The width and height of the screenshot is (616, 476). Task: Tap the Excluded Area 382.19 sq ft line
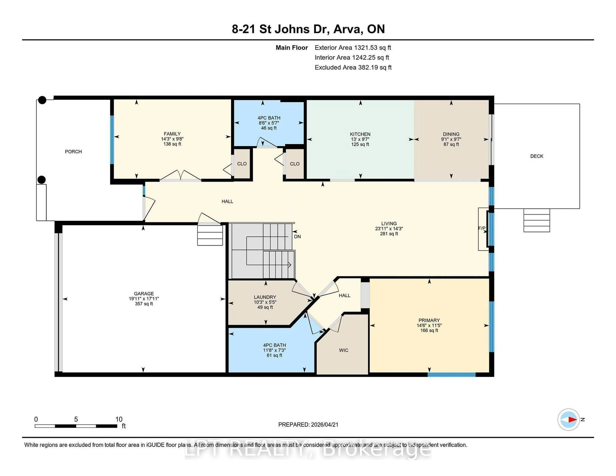coord(353,67)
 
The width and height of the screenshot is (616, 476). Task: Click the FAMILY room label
coord(172,134)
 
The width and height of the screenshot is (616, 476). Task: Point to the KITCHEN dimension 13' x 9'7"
coord(360,139)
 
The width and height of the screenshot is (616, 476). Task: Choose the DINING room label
coord(451,134)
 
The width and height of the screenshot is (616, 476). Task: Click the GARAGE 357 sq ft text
coord(144,304)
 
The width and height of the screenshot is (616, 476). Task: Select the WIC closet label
coord(344,350)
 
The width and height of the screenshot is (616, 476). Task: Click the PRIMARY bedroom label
coord(429,320)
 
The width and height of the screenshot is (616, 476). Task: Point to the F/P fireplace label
coord(481,228)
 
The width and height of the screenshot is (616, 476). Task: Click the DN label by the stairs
coord(297,237)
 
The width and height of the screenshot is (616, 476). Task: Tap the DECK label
coord(536,156)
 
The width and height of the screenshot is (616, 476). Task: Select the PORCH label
coord(73,152)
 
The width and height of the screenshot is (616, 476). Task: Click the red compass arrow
coord(572,420)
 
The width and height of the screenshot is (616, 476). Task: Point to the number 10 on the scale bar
coord(119,419)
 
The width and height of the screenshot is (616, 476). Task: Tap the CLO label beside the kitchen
coord(295,164)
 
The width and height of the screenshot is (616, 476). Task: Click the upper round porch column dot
coord(42,100)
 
